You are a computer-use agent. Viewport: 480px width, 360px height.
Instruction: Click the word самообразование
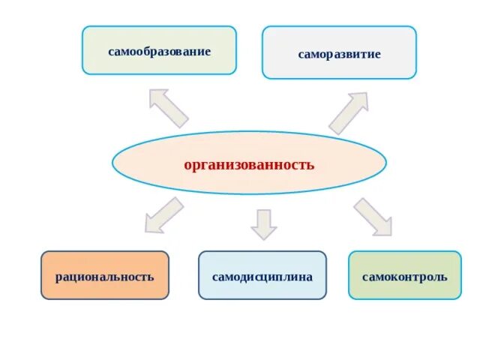pos(159,52)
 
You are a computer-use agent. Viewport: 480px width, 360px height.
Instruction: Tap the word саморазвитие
pos(339,55)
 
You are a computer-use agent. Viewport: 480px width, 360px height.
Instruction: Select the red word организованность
pos(249,164)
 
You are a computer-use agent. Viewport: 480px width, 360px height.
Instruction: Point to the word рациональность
pos(105,276)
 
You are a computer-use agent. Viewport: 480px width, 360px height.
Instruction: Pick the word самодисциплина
pos(262,276)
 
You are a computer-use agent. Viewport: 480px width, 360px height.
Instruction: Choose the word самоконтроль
pos(405,276)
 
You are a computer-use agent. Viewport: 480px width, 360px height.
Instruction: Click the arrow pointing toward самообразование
pos(168,108)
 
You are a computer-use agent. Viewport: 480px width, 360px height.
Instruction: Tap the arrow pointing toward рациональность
pos(163,215)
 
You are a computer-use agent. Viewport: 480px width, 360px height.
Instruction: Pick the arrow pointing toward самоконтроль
pos(373,217)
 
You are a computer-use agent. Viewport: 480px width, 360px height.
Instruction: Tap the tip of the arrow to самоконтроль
pos(389,233)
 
